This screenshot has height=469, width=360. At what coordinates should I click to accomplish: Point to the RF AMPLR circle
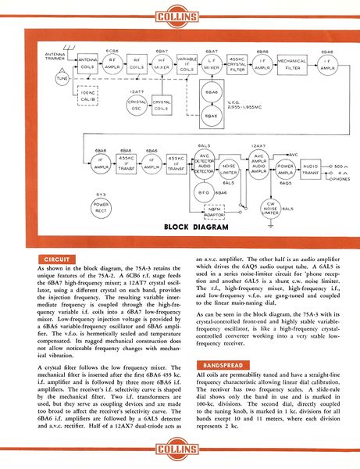tap(111, 65)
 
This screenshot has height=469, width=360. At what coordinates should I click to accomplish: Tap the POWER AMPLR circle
tap(286, 168)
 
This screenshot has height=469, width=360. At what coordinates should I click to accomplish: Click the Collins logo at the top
tap(180, 14)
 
